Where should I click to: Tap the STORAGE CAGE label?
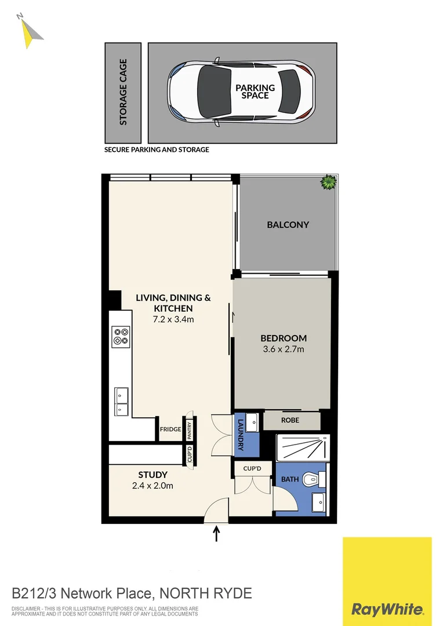(123, 93)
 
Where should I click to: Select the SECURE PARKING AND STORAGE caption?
(157, 150)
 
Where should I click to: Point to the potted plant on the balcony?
(329, 183)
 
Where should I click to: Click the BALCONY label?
(288, 225)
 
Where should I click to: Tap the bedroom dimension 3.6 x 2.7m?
(283, 350)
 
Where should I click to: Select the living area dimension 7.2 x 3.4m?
(173, 319)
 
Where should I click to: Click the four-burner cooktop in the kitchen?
(121, 336)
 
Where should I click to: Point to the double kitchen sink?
(121, 401)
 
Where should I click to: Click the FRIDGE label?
(171, 430)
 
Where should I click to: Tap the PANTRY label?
(189, 430)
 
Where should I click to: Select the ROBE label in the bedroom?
(291, 420)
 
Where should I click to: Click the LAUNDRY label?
(241, 435)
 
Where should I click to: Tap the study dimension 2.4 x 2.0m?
(154, 486)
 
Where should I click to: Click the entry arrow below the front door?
(217, 533)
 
